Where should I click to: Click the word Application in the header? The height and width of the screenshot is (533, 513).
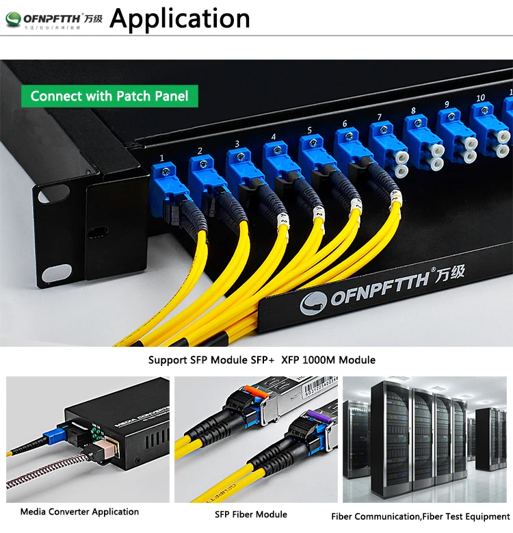[179, 18]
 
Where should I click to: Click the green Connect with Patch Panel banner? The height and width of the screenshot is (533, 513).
[109, 96]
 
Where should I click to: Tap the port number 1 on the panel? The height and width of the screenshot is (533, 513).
[161, 158]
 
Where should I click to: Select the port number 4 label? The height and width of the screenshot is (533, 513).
[273, 137]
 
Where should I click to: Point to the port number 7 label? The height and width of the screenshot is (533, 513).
[378, 117]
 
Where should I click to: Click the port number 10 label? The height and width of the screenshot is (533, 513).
[480, 98]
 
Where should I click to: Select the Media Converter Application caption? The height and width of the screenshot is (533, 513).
[79, 512]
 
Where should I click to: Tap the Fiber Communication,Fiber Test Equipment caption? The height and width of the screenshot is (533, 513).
[421, 517]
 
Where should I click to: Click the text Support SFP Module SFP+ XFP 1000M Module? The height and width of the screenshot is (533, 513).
[262, 360]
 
